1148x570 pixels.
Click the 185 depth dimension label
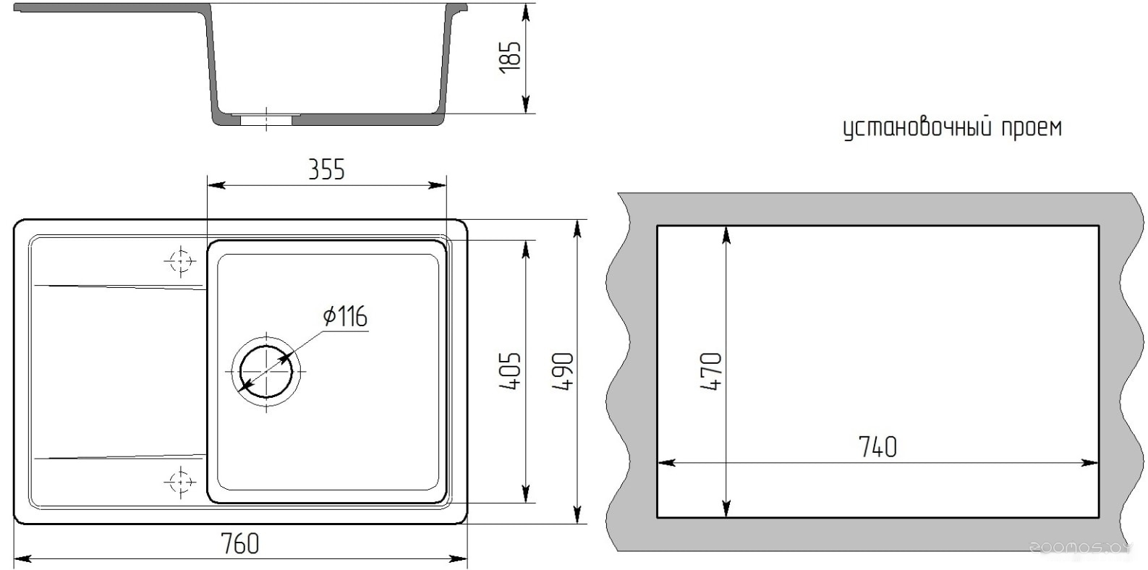(x=510, y=57)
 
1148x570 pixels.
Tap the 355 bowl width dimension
(x=326, y=170)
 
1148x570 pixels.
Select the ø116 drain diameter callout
(x=346, y=316)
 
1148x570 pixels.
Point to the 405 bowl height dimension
(x=510, y=370)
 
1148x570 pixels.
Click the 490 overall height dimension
(x=562, y=370)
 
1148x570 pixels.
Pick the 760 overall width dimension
(x=240, y=543)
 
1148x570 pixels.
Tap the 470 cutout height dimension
(x=711, y=372)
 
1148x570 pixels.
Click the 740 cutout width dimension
(x=878, y=447)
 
